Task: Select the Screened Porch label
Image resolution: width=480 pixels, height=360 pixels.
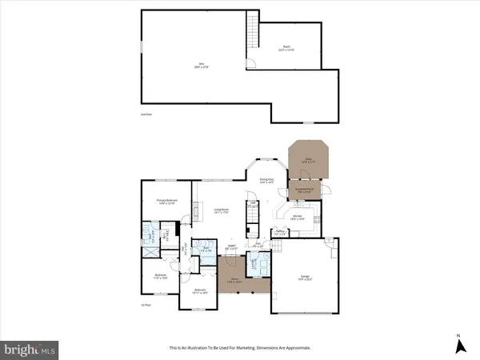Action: tap(305, 190)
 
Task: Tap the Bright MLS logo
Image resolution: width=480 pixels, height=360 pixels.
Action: tap(30, 349)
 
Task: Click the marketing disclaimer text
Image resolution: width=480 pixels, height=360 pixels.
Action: tap(240, 348)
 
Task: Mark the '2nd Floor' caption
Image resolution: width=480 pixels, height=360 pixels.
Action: tap(145, 114)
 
